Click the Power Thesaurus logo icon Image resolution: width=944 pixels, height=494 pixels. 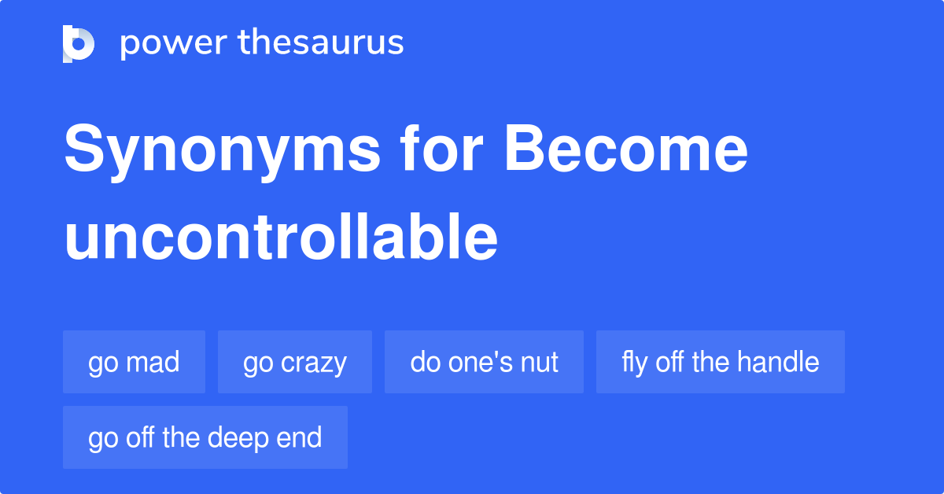click(79, 43)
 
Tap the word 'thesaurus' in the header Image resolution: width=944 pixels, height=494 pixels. click(321, 43)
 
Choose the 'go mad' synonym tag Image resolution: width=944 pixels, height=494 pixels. click(134, 362)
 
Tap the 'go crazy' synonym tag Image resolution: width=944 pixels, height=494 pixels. click(294, 362)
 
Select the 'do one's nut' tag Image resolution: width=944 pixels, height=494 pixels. click(484, 362)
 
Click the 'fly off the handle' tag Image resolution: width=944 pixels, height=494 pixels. click(720, 362)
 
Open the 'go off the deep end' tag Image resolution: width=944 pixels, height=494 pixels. click(205, 437)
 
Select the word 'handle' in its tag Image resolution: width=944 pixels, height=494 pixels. click(778, 362)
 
